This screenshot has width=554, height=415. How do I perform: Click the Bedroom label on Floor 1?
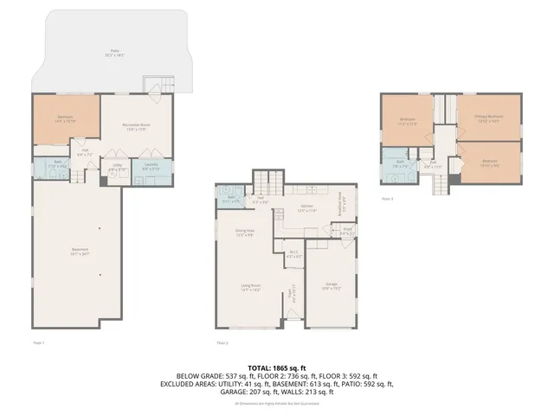pos(66,118)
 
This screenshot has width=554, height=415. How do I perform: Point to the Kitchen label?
pos(306,207)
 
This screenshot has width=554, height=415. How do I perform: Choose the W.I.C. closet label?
pos(293,254)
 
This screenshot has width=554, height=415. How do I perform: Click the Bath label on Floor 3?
pos(401,163)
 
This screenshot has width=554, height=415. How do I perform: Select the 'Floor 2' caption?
pos(222,342)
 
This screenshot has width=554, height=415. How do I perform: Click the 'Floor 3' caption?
pos(387,198)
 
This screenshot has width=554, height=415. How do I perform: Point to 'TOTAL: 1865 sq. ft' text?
pos(277,367)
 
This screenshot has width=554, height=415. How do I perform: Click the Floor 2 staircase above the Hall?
pos(267,182)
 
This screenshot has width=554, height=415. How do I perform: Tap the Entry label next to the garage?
pos(345,232)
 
